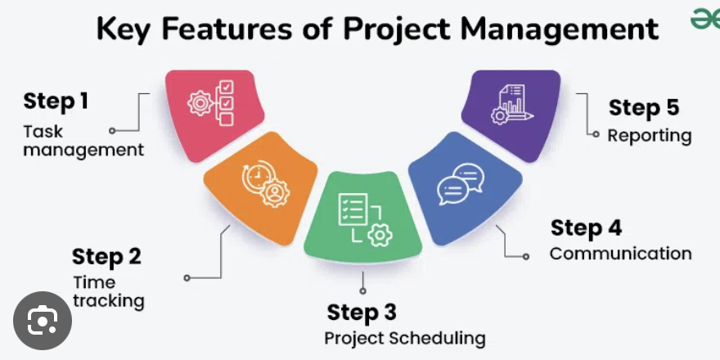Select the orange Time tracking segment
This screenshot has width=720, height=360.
(262, 192)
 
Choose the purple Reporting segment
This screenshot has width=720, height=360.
(511, 112)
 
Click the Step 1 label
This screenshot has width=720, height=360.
(56, 101)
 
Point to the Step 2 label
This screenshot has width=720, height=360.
(106, 256)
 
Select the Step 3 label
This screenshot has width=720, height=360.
(362, 312)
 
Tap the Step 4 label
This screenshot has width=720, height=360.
(585, 227)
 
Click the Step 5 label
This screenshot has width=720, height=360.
(644, 108)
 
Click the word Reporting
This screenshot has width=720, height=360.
(649, 135)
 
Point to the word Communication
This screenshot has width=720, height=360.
(620, 254)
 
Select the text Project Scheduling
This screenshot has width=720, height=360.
(405, 338)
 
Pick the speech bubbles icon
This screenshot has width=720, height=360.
(457, 184)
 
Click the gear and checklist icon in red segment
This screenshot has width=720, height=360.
(212, 104)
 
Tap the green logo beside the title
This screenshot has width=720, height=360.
(704, 20)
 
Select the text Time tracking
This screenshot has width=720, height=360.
(108, 291)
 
